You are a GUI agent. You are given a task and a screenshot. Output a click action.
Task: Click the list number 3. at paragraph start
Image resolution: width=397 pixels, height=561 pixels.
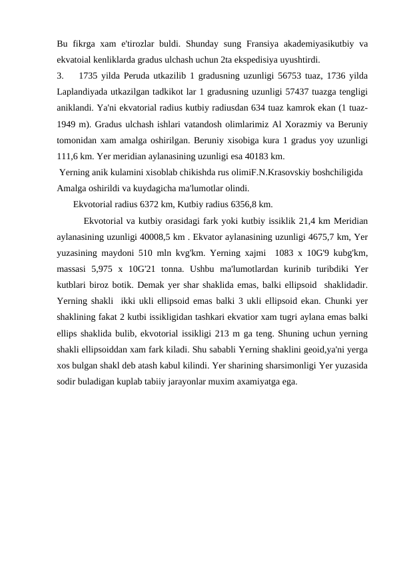61,74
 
